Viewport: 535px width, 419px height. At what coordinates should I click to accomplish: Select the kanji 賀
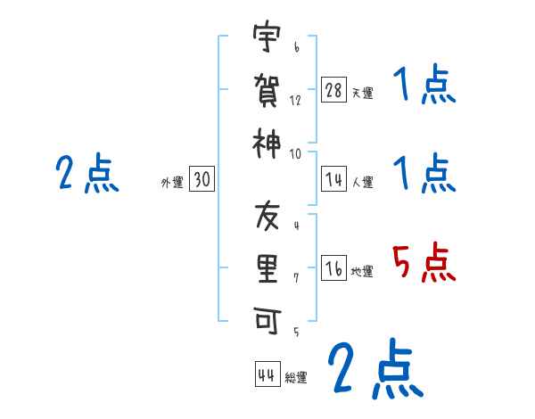[x=267, y=90]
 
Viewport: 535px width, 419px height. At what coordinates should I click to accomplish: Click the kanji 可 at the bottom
[x=267, y=320]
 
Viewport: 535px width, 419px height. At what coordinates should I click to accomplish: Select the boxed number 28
[x=333, y=90]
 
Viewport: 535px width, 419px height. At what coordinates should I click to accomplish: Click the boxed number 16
[x=333, y=269]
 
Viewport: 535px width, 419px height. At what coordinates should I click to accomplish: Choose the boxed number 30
[x=202, y=180]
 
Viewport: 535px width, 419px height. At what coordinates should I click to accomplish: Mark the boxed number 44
[x=267, y=375]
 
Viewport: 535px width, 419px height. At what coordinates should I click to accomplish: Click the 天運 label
[x=362, y=93]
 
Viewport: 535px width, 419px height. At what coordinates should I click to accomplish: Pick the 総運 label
[x=296, y=378]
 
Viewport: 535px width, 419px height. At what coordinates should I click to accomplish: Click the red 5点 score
[x=424, y=264]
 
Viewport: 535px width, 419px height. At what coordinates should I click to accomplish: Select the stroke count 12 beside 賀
[x=295, y=101]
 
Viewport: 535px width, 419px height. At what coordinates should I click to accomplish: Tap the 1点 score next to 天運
[x=424, y=86]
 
